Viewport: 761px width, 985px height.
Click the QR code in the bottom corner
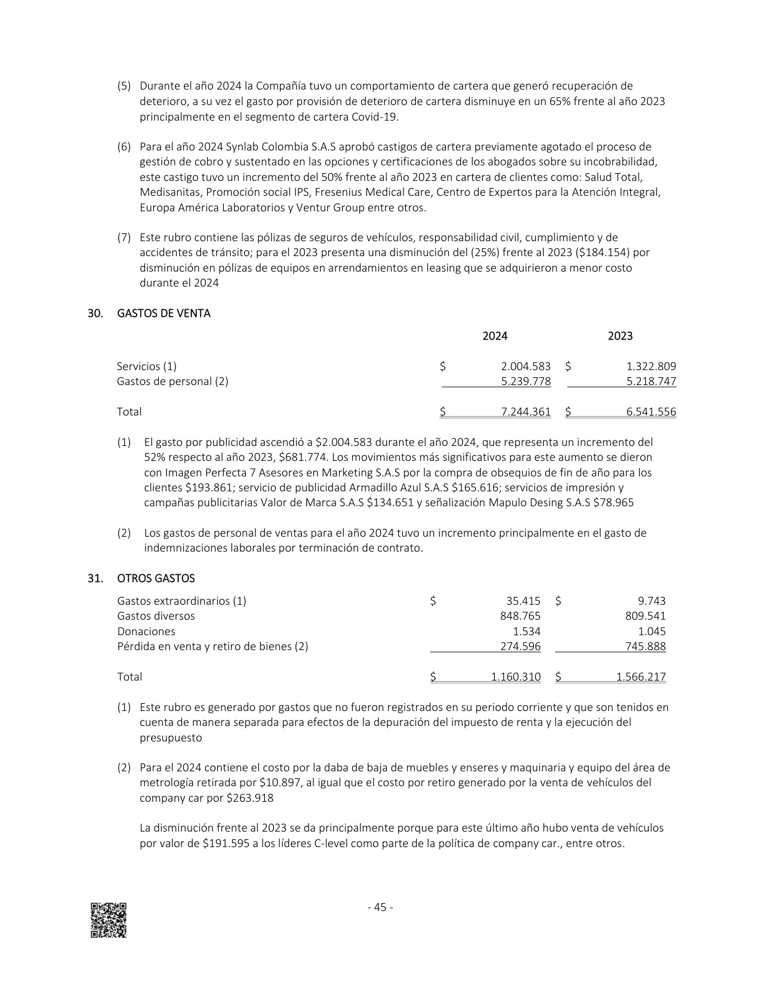[108, 920]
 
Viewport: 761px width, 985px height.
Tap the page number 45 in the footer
[380, 907]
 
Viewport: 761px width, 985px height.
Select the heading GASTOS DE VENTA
[164, 313]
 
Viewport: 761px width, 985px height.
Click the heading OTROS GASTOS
[156, 578]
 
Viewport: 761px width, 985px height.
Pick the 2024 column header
[495, 336]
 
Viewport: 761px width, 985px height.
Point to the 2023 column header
[620, 336]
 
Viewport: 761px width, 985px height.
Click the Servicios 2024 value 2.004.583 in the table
[526, 367]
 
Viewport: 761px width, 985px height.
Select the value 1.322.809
[651, 367]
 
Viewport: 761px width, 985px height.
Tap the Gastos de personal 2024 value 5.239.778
[526, 381]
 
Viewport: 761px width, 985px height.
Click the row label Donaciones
[146, 632]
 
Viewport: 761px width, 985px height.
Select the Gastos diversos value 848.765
[520, 616]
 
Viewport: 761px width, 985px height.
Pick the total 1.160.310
[516, 677]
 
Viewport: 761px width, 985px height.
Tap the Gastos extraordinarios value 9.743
[652, 601]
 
